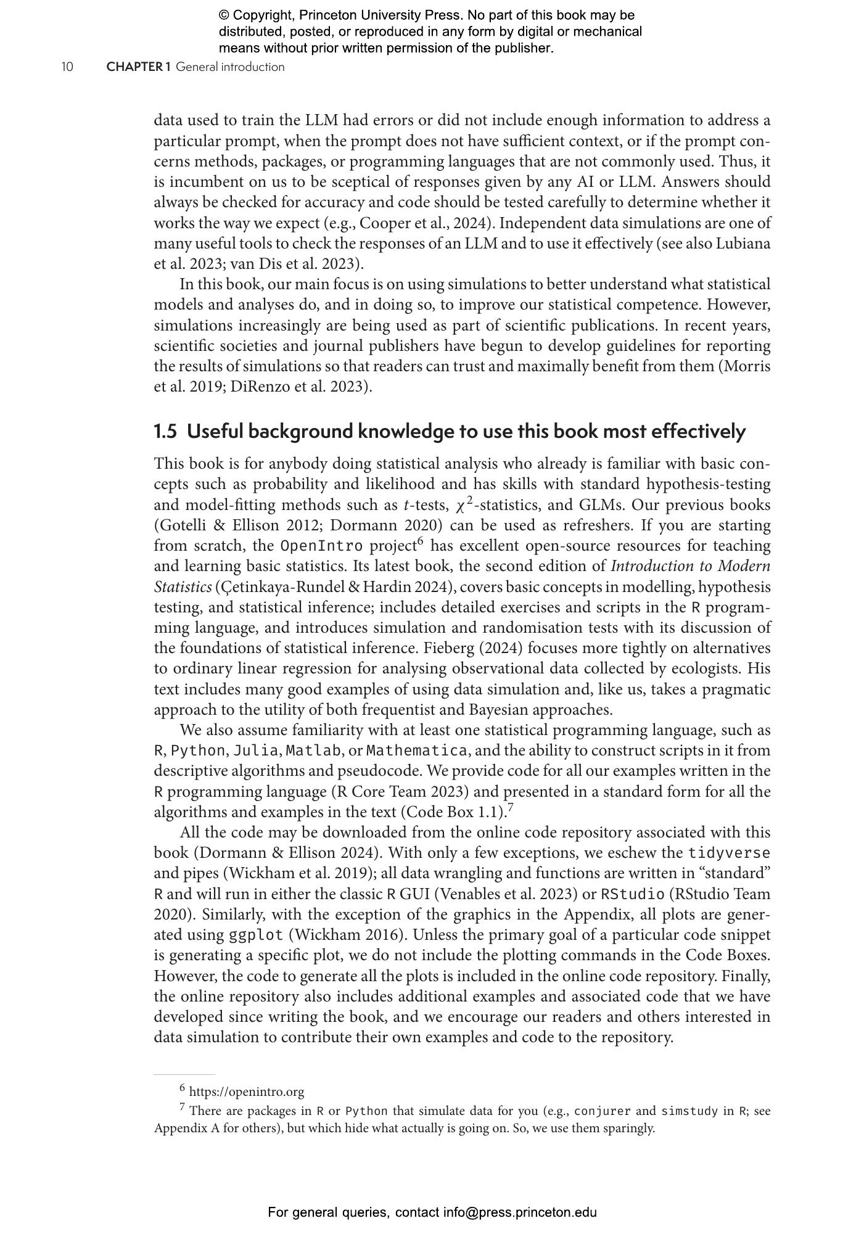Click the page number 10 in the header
point(67,67)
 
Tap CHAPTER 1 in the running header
point(138,67)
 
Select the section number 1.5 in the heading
point(165,431)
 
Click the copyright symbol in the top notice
point(223,15)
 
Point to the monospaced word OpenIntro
point(321,546)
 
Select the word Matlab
point(313,751)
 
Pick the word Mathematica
point(417,751)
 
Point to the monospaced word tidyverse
point(730,853)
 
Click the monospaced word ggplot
point(256,935)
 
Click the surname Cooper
point(382,223)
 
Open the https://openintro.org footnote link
point(247,1092)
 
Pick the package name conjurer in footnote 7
point(603,1111)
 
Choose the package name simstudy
point(689,1111)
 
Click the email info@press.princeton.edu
point(520,1212)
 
